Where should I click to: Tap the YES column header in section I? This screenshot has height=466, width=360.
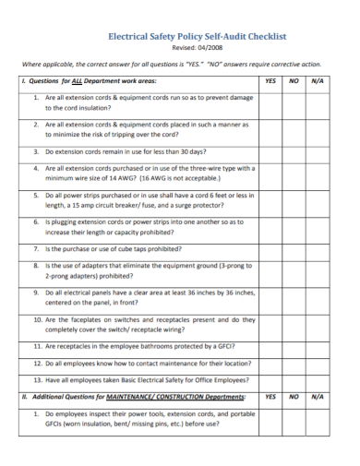270,81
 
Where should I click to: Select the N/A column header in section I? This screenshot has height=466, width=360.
318,81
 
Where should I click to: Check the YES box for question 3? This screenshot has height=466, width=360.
270,150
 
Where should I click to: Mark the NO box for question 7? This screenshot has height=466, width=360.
294,249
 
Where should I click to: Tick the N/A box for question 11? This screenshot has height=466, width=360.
319,347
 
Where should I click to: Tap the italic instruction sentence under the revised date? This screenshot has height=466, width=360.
171,65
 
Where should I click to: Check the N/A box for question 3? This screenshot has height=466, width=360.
319,150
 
